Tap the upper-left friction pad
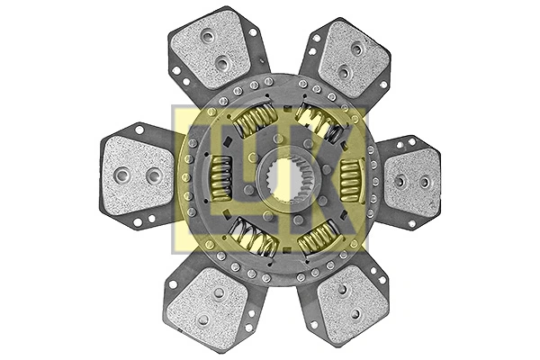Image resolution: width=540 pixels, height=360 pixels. click(212, 49)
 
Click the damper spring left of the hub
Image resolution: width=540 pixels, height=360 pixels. click(220, 177)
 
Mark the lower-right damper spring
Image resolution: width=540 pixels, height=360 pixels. click(318, 238)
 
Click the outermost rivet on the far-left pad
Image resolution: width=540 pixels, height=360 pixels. click(123, 175)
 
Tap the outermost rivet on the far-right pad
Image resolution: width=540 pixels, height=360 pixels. click(425, 182)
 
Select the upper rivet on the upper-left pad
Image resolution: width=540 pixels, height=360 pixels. click(208, 37)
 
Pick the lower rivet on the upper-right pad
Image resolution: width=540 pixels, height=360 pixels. click(342, 71)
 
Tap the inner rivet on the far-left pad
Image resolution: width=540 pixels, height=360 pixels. click(153, 175)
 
